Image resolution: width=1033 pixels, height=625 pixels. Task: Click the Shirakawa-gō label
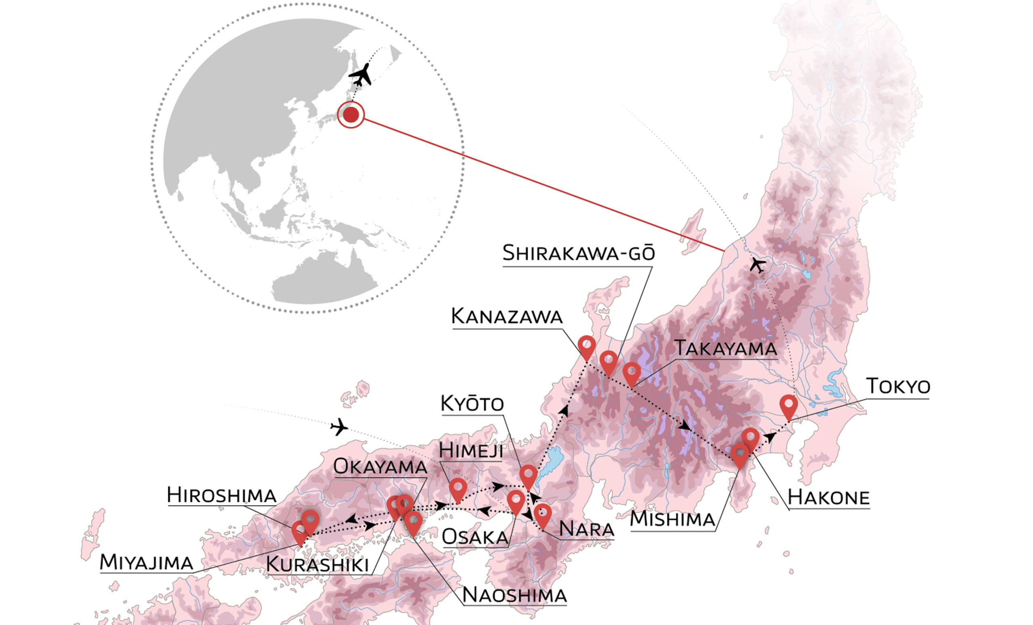(578, 253)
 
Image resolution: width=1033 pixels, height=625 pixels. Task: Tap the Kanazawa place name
(506, 316)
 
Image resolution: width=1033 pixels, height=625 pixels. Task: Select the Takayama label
(725, 348)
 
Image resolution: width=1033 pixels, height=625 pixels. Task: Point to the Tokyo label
(898, 386)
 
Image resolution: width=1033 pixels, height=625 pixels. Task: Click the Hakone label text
(828, 497)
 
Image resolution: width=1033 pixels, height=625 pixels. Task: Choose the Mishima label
(672, 519)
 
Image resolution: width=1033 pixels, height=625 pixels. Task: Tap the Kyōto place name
(472, 403)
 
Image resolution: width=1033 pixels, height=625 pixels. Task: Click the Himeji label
(470, 451)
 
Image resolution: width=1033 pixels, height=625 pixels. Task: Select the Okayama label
(380, 467)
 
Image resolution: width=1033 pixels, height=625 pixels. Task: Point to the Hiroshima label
(222, 495)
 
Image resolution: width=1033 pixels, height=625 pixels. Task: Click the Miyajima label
(146, 562)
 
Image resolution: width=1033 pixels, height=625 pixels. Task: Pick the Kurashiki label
(317, 564)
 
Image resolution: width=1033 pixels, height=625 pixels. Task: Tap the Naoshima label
(514, 595)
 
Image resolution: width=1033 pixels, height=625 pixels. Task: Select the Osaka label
(475, 537)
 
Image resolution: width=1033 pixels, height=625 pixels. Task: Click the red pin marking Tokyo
(788, 406)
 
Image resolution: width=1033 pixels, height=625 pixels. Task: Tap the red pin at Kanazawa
(587, 346)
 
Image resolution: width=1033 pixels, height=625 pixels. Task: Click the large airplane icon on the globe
(361, 75)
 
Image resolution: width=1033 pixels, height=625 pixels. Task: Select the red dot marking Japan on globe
(351, 115)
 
